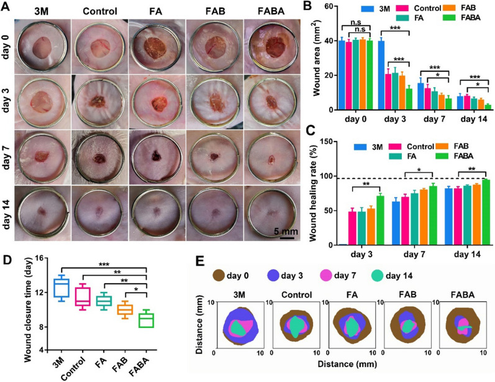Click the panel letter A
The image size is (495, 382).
click(7, 7)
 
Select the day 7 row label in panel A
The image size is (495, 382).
click(9, 156)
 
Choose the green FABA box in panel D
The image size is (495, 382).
click(145, 320)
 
